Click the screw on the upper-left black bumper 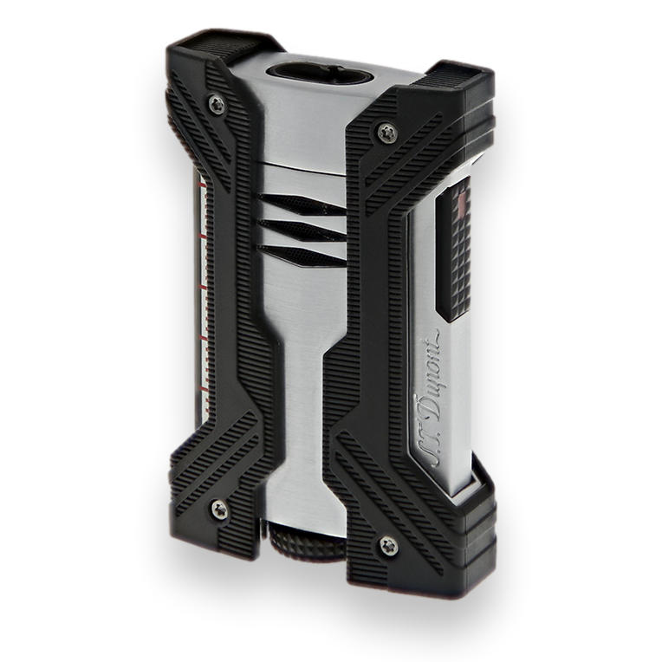[217, 104]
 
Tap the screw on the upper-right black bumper [386, 133]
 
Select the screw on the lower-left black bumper [219, 509]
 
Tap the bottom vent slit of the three [304, 252]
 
